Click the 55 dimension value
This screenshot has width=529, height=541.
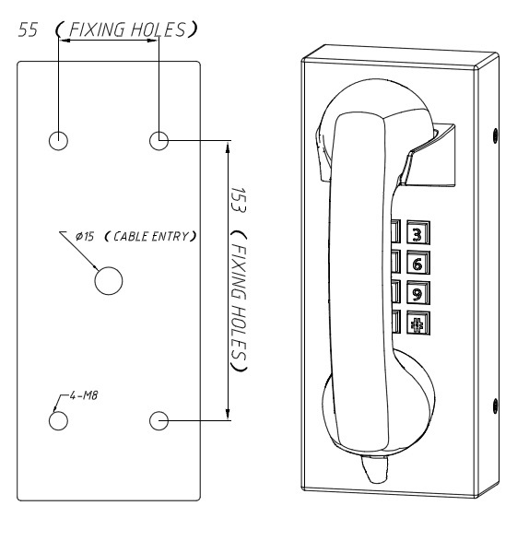28,29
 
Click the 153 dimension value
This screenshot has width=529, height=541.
238,200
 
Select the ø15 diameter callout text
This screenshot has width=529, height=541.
85,237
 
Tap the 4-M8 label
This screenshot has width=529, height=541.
84,395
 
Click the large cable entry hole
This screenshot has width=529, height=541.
109,280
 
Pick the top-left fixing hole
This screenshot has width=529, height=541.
58,140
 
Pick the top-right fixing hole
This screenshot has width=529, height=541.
159,140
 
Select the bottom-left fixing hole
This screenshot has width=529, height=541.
58,420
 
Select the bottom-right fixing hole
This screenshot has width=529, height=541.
159,420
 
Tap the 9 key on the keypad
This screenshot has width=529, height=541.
418,293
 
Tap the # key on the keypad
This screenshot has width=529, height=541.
418,323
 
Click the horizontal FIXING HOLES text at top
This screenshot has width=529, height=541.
127,29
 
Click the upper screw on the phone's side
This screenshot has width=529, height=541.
496,135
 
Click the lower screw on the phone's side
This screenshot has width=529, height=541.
496,406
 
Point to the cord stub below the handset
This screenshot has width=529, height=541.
375,468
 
